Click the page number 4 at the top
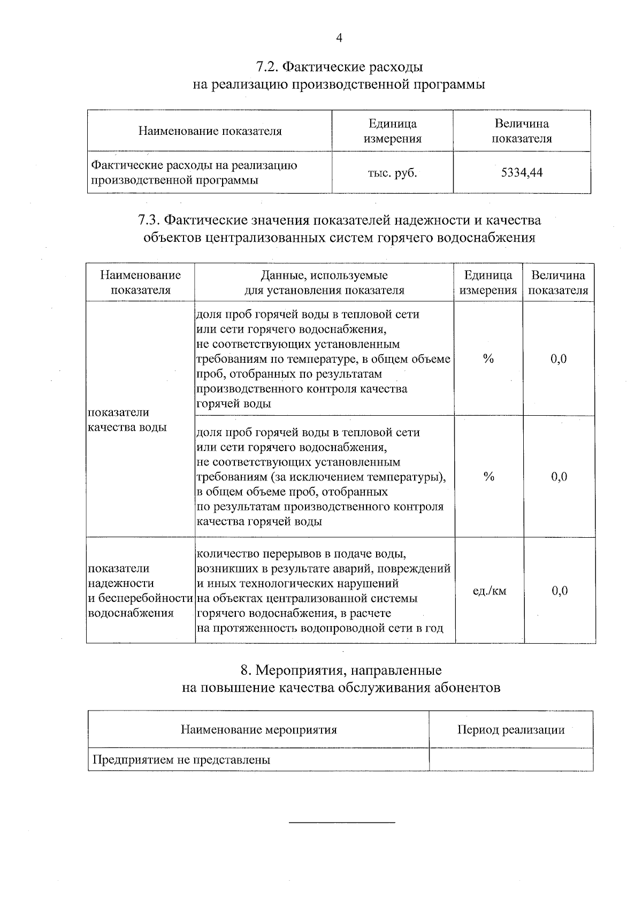tap(339, 37)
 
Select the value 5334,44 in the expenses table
tap(522, 172)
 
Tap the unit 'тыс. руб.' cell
tap(392, 173)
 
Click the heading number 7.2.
tap(266, 67)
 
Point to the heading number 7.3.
tap(149, 220)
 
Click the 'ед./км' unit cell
tap(489, 591)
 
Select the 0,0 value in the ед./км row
tap(559, 591)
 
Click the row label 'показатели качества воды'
tap(127, 419)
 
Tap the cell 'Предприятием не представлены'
tap(181, 759)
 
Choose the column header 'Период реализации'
tap(510, 729)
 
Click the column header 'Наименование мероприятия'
tap(258, 729)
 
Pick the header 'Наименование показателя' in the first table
tap(210, 131)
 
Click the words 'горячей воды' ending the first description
tap(234, 403)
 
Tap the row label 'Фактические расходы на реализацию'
tap(194, 165)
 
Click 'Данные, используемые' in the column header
tap(324, 276)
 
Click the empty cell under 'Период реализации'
tap(510, 759)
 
